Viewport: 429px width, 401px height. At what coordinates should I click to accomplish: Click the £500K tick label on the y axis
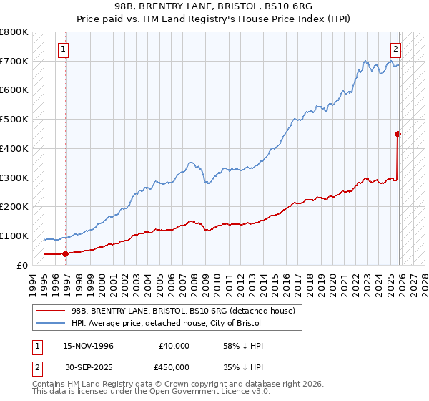click(x=14, y=119)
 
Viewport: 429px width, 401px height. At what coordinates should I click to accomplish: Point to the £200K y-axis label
click(x=14, y=206)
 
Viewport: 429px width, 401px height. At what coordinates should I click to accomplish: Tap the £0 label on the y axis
click(x=22, y=265)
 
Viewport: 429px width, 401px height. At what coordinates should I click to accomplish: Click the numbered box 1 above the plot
click(x=64, y=49)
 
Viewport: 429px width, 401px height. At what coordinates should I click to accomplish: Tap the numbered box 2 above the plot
click(x=395, y=49)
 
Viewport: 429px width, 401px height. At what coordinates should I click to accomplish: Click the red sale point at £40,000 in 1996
click(x=65, y=253)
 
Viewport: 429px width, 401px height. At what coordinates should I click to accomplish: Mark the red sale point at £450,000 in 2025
click(x=398, y=133)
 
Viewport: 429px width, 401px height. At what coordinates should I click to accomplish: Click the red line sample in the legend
click(x=51, y=310)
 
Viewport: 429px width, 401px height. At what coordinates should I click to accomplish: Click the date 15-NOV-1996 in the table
click(x=88, y=346)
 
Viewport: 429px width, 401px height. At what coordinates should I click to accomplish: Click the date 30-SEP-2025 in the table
click(x=88, y=367)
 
